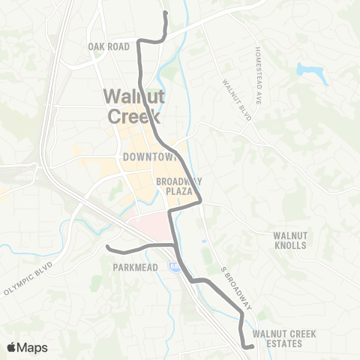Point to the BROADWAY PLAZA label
(x=178, y=186)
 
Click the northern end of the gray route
(x=165, y=13)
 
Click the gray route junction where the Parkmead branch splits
(x=173, y=244)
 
